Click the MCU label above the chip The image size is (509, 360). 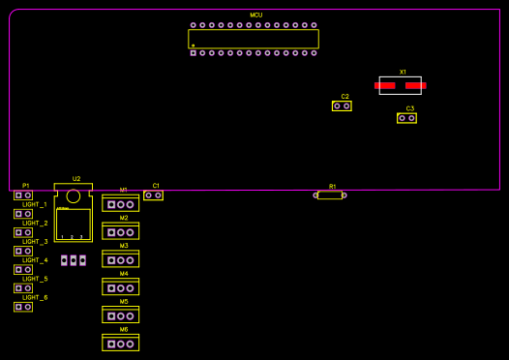click(255, 15)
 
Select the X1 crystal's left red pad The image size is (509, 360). click(385, 85)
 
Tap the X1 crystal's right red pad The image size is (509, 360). click(416, 85)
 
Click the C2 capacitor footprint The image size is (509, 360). click(342, 105)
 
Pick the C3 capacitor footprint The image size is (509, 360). click(406, 118)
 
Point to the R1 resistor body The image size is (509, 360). click(330, 195)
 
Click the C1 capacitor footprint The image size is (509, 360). click(153, 195)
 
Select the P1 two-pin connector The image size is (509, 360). click(23, 195)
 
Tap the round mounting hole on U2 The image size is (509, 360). click(74, 196)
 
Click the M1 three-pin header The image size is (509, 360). click(120, 205)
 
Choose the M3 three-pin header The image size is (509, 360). click(120, 260)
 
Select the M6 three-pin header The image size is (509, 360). click(120, 344)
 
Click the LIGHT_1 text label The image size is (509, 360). click(35, 205)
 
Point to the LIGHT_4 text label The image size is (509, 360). click(35, 260)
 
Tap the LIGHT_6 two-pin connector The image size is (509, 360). click(23, 307)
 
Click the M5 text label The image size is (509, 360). click(124, 302)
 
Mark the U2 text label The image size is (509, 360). click(76, 179)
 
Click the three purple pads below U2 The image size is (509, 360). click(74, 260)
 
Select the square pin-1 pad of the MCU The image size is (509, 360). click(193, 52)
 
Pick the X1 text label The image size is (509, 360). click(403, 73)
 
